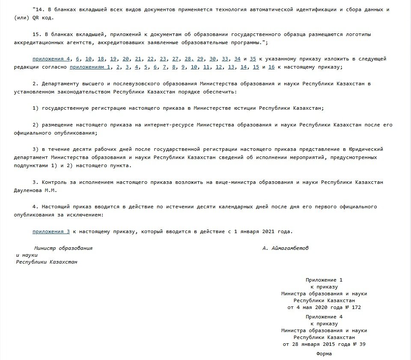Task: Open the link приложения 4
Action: tap(51, 59)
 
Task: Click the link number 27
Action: tap(176, 59)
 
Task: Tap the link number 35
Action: tap(253, 59)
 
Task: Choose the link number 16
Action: tap(271, 67)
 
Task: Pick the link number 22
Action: tap(151, 59)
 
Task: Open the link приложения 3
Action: tap(51, 231)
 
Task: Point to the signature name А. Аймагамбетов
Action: tap(285, 248)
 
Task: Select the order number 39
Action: tap(362, 344)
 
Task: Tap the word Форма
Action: tap(324, 354)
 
